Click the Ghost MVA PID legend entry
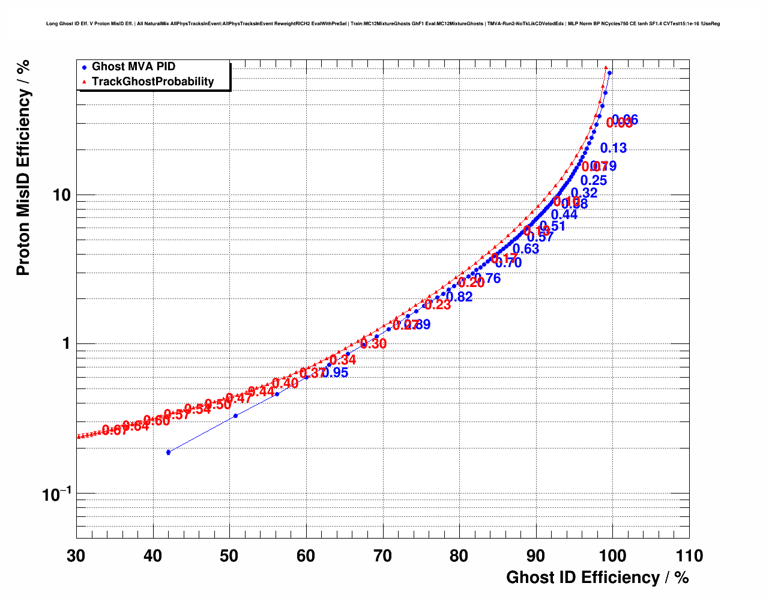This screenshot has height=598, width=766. [133, 67]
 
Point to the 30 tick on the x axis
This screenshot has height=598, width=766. [76, 556]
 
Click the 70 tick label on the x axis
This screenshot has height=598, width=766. [383, 556]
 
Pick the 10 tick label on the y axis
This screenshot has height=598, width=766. [61, 195]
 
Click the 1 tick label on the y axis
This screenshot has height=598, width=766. [66, 344]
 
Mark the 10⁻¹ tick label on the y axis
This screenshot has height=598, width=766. [57, 494]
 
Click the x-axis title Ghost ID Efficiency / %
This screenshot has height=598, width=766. [597, 578]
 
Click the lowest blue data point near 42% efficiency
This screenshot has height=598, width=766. [169, 452]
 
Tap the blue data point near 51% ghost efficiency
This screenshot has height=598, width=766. [235, 415]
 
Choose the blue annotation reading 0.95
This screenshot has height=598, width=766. [336, 373]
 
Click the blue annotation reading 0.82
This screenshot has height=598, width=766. [460, 297]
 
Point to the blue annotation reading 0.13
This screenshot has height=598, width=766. [613, 148]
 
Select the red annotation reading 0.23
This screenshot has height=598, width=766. [438, 305]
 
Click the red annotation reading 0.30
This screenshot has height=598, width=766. [373, 344]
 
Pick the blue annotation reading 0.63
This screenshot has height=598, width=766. [526, 249]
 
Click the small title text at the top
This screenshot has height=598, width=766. [382, 24]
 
